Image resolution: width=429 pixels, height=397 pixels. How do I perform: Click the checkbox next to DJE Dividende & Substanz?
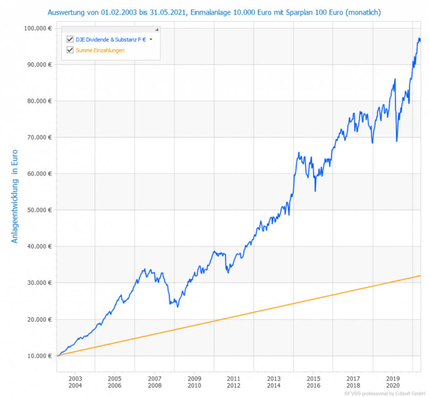[70, 40]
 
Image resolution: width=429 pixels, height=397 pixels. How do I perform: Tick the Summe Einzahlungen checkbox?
[70, 50]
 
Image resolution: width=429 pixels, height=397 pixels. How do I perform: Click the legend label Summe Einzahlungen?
[100, 50]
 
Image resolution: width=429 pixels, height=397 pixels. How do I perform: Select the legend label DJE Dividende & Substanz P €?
[111, 40]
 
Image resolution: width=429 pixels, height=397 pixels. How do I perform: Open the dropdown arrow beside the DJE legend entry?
[151, 40]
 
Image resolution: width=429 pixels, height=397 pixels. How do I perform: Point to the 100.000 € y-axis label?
[37, 28]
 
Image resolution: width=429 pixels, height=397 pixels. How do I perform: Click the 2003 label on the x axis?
[75, 379]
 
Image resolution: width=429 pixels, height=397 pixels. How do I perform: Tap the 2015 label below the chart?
[314, 379]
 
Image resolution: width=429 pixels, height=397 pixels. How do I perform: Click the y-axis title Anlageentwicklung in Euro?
[15, 196]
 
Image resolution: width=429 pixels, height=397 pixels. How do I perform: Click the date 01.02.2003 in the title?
[122, 12]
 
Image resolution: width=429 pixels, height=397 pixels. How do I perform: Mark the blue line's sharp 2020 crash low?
[397, 141]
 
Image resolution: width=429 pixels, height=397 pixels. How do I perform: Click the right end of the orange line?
[420, 275]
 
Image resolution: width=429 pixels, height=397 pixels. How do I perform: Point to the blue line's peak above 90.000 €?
[419, 38]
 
